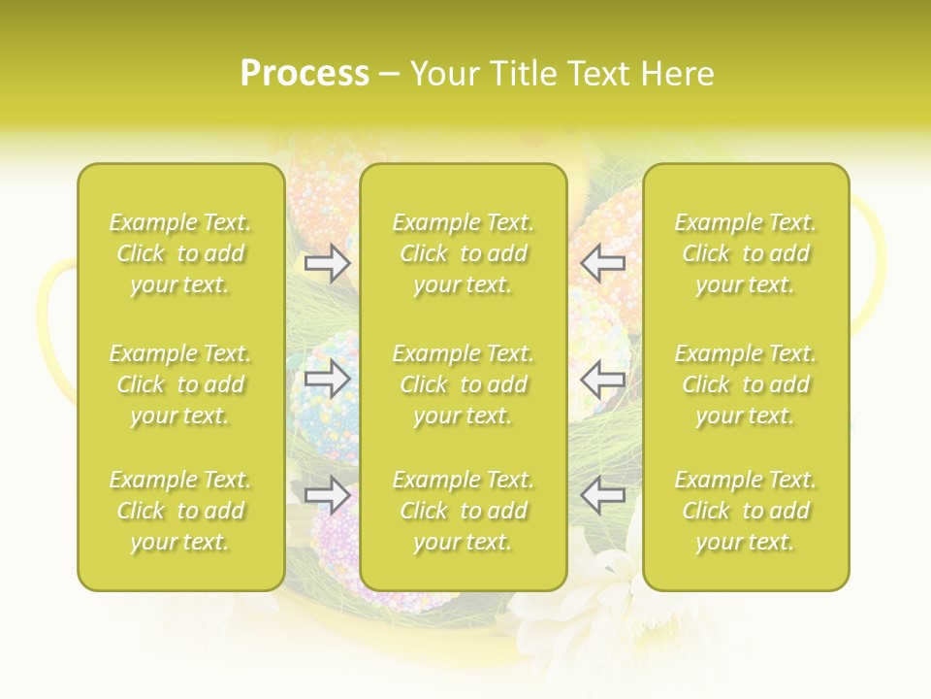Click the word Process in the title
pyautogui.click(x=305, y=74)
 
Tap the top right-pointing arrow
pyautogui.click(x=328, y=263)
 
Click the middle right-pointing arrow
pyautogui.click(x=328, y=379)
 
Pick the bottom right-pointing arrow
pyautogui.click(x=328, y=494)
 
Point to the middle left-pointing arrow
pyautogui.click(x=602, y=379)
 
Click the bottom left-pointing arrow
pyautogui.click(x=602, y=494)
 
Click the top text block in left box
pyautogui.click(x=180, y=253)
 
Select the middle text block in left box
pyautogui.click(x=180, y=384)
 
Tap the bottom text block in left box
pyautogui.click(x=180, y=511)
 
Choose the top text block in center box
pyautogui.click(x=463, y=253)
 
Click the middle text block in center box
pyautogui.click(x=463, y=384)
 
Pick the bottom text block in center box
pyautogui.click(x=463, y=511)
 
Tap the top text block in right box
pyautogui.click(x=746, y=253)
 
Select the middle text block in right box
pyautogui.click(x=746, y=384)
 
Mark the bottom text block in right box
pyautogui.click(x=746, y=511)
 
